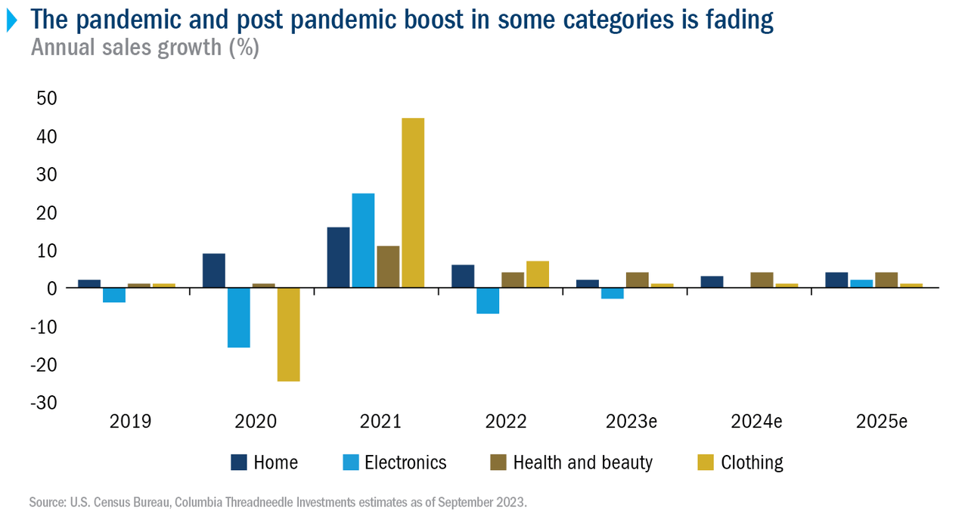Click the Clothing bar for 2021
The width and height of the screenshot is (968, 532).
[413, 203]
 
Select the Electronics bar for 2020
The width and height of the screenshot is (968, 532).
[239, 317]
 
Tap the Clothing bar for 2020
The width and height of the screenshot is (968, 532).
[288, 334]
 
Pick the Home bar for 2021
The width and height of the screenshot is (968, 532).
[338, 257]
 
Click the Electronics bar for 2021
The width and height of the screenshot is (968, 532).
[363, 240]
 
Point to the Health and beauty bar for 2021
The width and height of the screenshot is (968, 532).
[388, 267]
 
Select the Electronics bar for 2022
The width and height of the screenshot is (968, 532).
[488, 301]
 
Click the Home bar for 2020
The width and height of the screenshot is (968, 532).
[214, 271]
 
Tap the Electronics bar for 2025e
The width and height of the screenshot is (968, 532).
[861, 283]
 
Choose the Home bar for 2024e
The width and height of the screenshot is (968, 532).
[712, 282]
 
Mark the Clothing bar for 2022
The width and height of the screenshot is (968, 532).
[538, 274]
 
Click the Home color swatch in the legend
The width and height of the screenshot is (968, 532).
[239, 462]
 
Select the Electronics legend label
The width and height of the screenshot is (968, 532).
[405, 462]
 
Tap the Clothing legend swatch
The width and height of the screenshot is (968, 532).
[706, 462]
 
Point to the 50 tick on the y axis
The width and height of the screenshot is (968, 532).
[48, 98]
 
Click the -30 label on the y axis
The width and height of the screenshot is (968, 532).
[45, 402]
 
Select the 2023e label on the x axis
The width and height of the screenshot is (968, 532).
[631, 422]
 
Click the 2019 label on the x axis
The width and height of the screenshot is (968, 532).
[130, 422]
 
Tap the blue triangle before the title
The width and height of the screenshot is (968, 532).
[11, 21]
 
